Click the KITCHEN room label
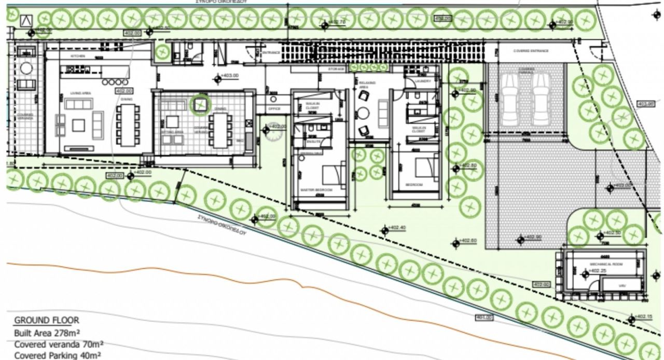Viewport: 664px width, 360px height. [x=77, y=55]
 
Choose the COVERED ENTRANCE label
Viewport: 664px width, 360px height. [x=531, y=51]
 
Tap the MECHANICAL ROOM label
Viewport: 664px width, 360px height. [x=605, y=264]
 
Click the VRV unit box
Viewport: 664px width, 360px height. [x=621, y=285]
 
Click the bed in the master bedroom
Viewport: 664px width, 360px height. [x=333, y=175]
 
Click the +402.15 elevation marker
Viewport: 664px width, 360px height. [x=641, y=317]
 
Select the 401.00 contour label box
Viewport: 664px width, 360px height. [x=484, y=317]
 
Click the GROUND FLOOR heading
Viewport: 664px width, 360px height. [x=47, y=320]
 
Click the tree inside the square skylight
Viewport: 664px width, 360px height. [x=200, y=105]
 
